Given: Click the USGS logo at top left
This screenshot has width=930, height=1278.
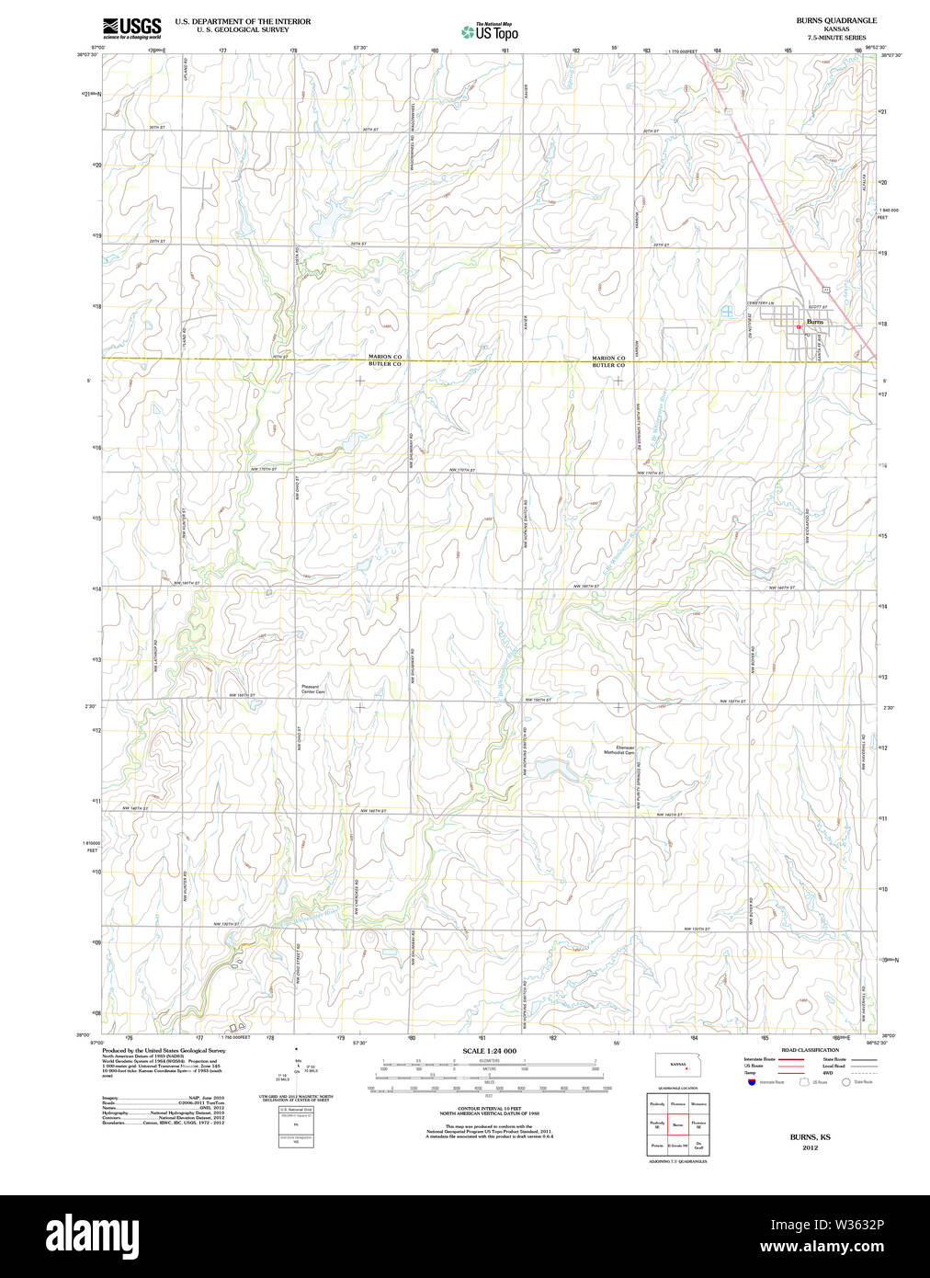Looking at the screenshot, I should (x=131, y=29).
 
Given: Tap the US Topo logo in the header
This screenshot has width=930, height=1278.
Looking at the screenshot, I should (x=490, y=32).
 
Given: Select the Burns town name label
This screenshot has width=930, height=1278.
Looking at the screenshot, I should (x=815, y=322).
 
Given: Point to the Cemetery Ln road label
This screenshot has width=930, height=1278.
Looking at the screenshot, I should (x=760, y=303).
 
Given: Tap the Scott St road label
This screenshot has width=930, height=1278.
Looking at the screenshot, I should (x=817, y=307).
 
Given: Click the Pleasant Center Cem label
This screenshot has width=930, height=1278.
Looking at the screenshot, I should (x=312, y=689).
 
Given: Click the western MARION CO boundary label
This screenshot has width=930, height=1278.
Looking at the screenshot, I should (x=385, y=357).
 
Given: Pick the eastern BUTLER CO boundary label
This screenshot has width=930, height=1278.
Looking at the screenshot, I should (x=608, y=365).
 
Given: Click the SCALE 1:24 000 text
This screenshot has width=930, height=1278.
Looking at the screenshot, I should (x=489, y=1051).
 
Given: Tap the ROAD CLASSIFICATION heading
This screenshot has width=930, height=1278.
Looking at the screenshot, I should (x=810, y=1050).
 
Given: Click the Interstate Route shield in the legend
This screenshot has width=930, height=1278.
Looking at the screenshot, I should (x=751, y=1082).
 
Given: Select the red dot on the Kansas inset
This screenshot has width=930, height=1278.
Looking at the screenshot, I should (x=686, y=1068).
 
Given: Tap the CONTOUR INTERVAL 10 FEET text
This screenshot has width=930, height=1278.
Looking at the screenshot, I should (x=489, y=1109).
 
